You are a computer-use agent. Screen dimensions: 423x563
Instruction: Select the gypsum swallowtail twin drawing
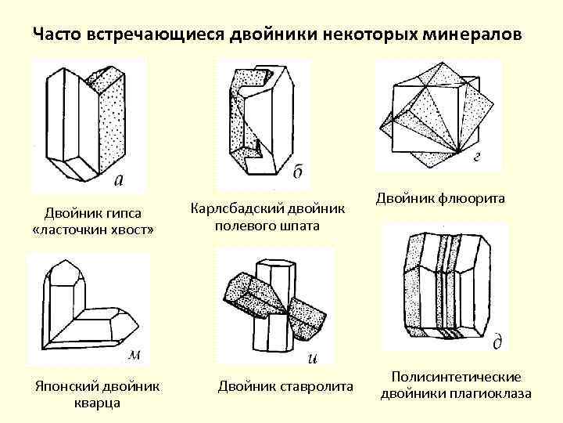86,121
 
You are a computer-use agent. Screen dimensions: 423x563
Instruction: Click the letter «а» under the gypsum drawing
118,182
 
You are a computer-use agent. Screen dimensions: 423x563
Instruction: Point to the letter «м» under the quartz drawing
134,355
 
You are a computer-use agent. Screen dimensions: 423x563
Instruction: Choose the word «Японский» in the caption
59,386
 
